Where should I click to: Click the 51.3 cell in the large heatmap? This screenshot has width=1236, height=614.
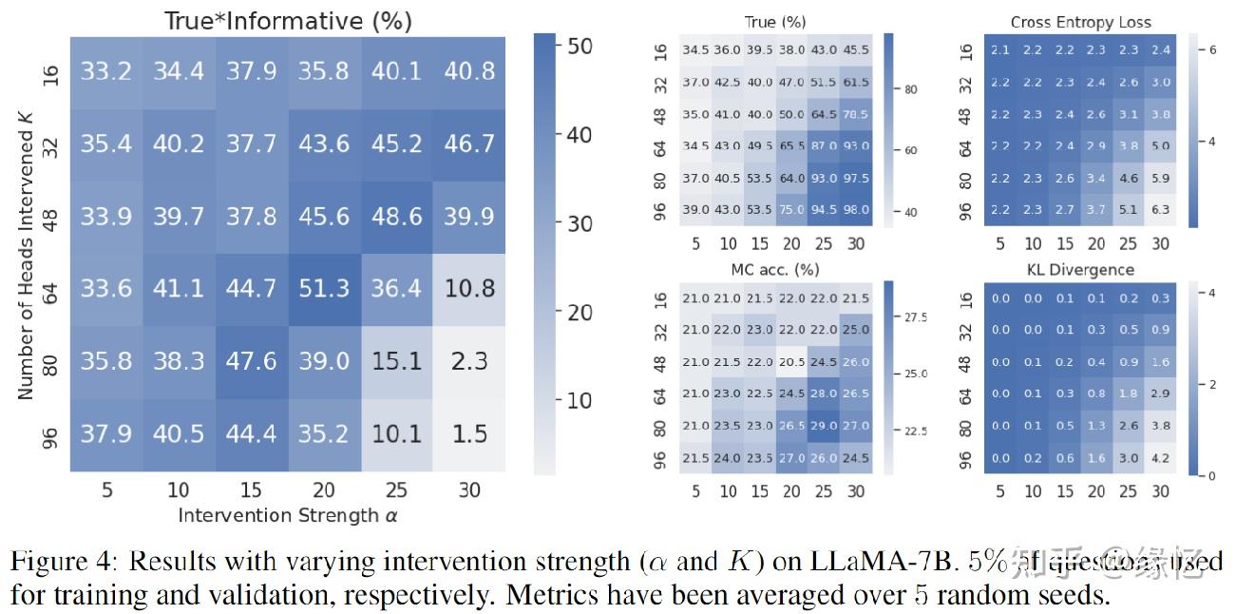(324, 288)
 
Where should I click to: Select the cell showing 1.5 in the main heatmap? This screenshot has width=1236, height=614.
(469, 434)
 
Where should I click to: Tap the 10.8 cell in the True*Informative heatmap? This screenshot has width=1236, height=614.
(469, 288)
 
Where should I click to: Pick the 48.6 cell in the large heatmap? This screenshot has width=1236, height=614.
(396, 216)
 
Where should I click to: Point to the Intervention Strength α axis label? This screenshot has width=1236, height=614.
(287, 515)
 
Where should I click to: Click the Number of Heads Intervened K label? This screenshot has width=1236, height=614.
(26, 253)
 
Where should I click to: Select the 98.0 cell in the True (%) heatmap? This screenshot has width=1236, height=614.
(856, 210)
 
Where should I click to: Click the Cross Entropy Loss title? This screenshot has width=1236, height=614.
(1080, 21)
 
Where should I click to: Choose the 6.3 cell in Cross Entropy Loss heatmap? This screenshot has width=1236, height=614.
(1160, 210)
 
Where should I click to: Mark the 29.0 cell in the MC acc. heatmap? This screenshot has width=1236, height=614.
(824, 426)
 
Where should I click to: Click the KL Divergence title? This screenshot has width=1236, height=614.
(1080, 270)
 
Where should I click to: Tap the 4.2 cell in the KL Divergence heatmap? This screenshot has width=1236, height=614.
(1160, 458)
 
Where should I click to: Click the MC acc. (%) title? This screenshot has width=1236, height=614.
(775, 270)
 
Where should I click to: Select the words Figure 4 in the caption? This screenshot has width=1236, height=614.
(62, 561)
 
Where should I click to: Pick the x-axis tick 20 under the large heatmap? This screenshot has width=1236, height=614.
(324, 490)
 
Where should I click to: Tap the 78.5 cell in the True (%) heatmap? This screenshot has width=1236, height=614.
(856, 114)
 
